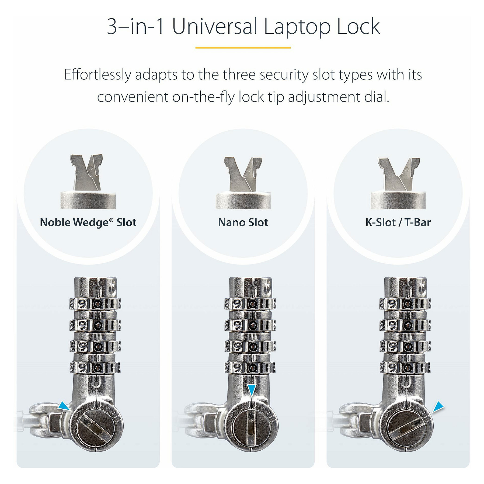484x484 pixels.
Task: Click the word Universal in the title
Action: pyautogui.click(x=215, y=26)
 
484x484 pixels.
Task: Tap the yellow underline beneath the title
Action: pyautogui.click(x=243, y=48)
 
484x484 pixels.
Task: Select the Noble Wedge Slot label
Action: pyautogui.click(x=88, y=222)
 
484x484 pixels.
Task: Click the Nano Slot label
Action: pyautogui.click(x=243, y=222)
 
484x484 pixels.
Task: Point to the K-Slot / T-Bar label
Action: pyautogui.click(x=398, y=222)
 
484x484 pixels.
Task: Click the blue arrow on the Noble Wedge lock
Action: pyautogui.click(x=64, y=406)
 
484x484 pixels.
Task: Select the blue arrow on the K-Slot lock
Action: pyautogui.click(x=438, y=406)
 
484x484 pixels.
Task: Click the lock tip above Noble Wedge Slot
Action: pyautogui.click(x=87, y=173)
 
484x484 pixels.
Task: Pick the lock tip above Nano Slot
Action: pyautogui.click(x=242, y=174)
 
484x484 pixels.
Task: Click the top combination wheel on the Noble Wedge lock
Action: pyautogui.click(x=95, y=304)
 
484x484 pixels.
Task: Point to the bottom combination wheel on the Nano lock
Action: pyautogui.click(x=250, y=367)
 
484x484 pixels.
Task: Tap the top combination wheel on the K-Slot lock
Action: pyautogui.click(x=405, y=304)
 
